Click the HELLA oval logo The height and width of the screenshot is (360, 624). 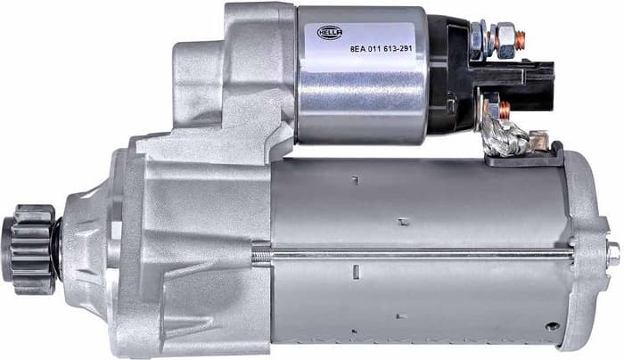[330, 33]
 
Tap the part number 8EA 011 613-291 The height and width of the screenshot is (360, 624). [381, 49]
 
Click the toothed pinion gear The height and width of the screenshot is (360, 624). [29, 250]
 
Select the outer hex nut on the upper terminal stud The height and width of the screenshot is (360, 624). [505, 38]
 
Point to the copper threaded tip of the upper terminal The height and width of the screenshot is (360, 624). [521, 38]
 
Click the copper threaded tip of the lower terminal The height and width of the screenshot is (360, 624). [505, 111]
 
